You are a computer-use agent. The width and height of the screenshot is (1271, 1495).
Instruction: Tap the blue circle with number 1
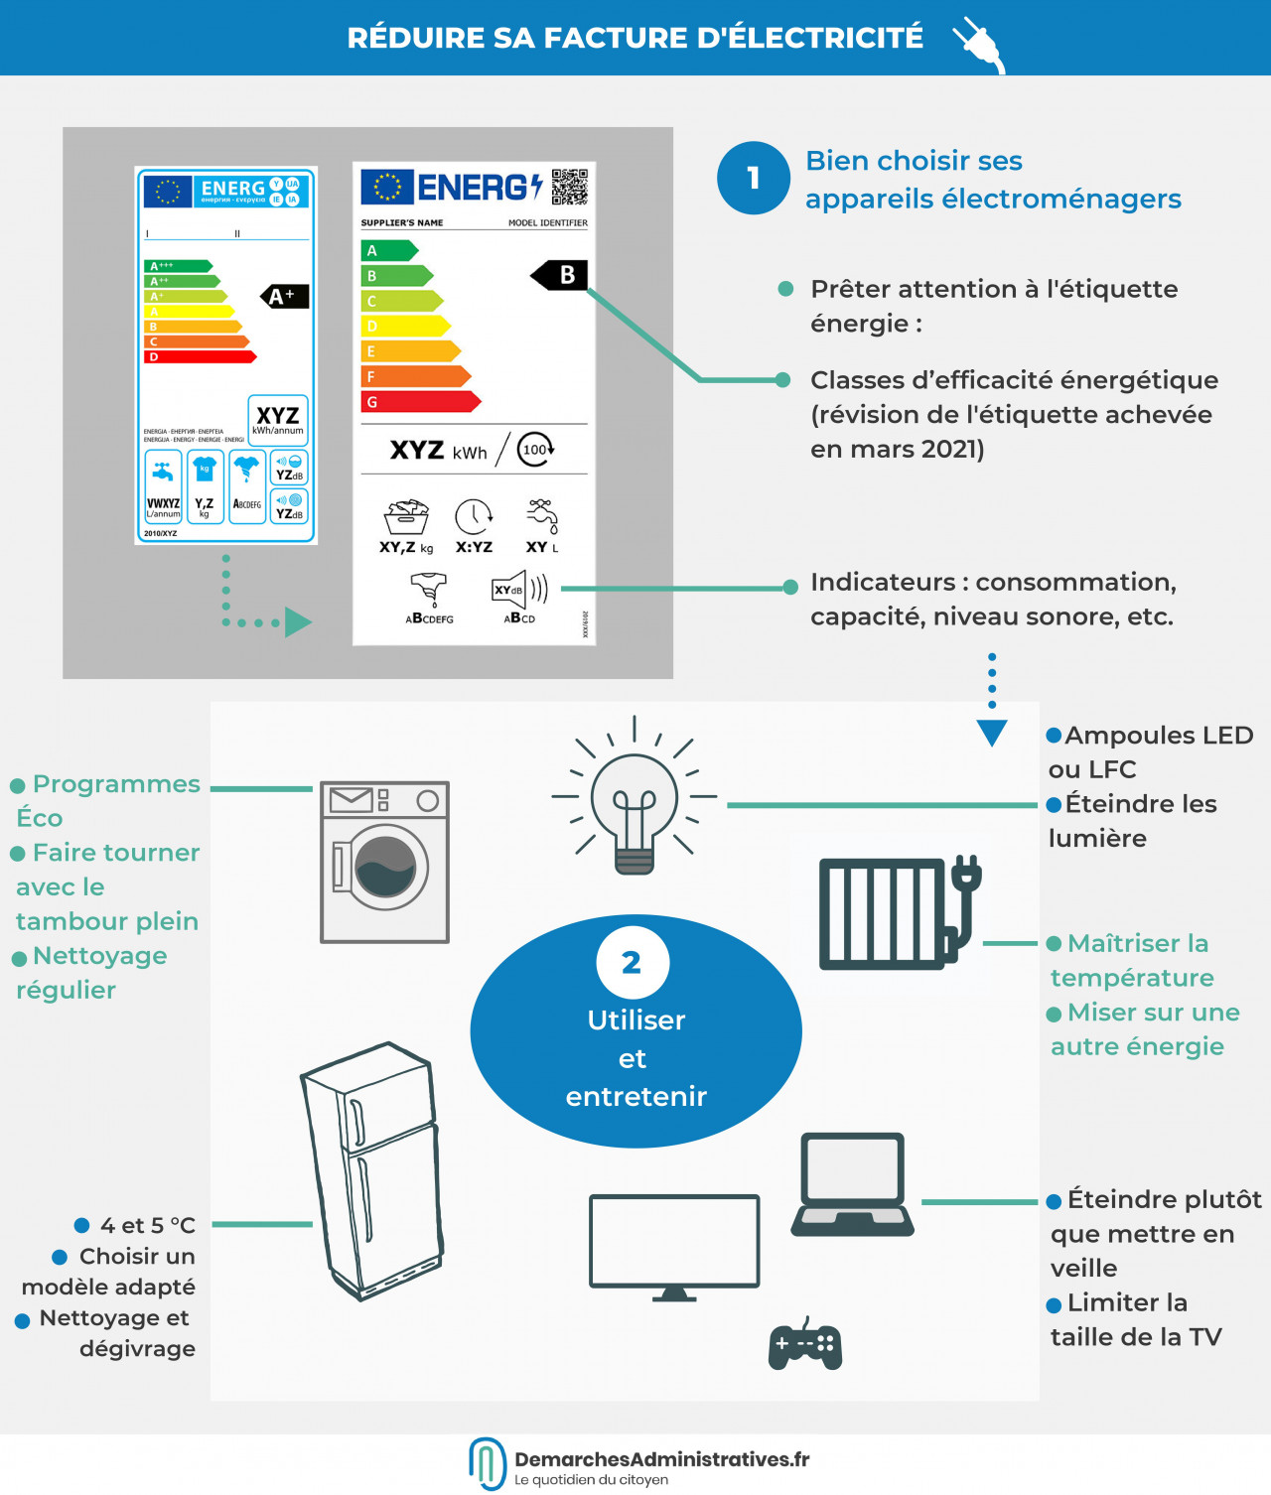pos(754,178)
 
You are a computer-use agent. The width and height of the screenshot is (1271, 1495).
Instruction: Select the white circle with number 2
pos(633,962)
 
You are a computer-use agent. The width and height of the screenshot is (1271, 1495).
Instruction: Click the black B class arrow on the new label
pos(560,275)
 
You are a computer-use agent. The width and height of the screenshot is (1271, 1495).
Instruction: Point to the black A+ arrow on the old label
pos(284,296)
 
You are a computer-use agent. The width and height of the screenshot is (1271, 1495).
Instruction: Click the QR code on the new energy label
pos(570,187)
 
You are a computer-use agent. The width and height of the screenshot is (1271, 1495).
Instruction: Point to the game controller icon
pos(805,1345)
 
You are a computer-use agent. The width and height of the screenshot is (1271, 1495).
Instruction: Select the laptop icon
pos(853,1184)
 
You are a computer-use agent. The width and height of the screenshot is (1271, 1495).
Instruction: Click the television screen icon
pos(674,1243)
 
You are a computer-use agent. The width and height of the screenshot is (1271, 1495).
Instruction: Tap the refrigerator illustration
pos(373,1171)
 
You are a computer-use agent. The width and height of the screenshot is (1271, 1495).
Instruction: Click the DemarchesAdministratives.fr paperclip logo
pos(487,1462)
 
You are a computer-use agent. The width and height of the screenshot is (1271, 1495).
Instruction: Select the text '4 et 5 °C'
pos(147,1226)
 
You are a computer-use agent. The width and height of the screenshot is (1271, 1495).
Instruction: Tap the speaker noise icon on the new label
pos(519,590)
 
